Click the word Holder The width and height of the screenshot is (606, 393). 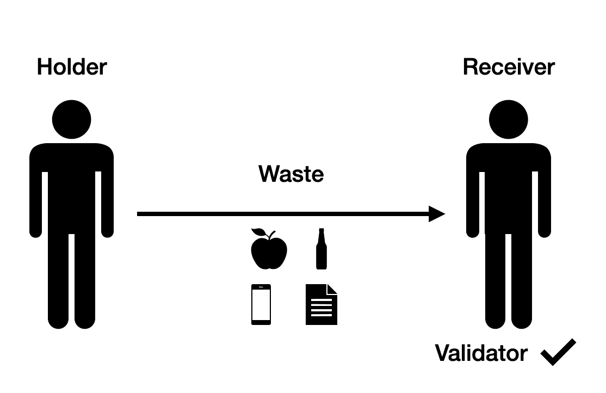(72, 67)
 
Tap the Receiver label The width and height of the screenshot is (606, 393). (509, 67)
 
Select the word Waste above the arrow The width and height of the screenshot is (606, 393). (291, 174)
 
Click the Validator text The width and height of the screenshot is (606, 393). (481, 353)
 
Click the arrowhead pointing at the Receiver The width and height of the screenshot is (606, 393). (437, 214)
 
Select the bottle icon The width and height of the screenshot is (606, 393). (321, 250)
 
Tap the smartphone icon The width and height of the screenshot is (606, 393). (261, 304)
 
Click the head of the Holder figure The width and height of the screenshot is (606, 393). (71, 120)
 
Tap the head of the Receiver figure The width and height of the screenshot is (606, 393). (508, 120)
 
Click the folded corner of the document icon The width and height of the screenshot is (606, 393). (332, 289)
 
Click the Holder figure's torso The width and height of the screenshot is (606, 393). (71, 185)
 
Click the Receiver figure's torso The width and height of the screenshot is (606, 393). (508, 185)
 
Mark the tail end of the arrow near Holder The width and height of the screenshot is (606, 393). (140, 214)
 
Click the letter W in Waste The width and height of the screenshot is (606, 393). (269, 174)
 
